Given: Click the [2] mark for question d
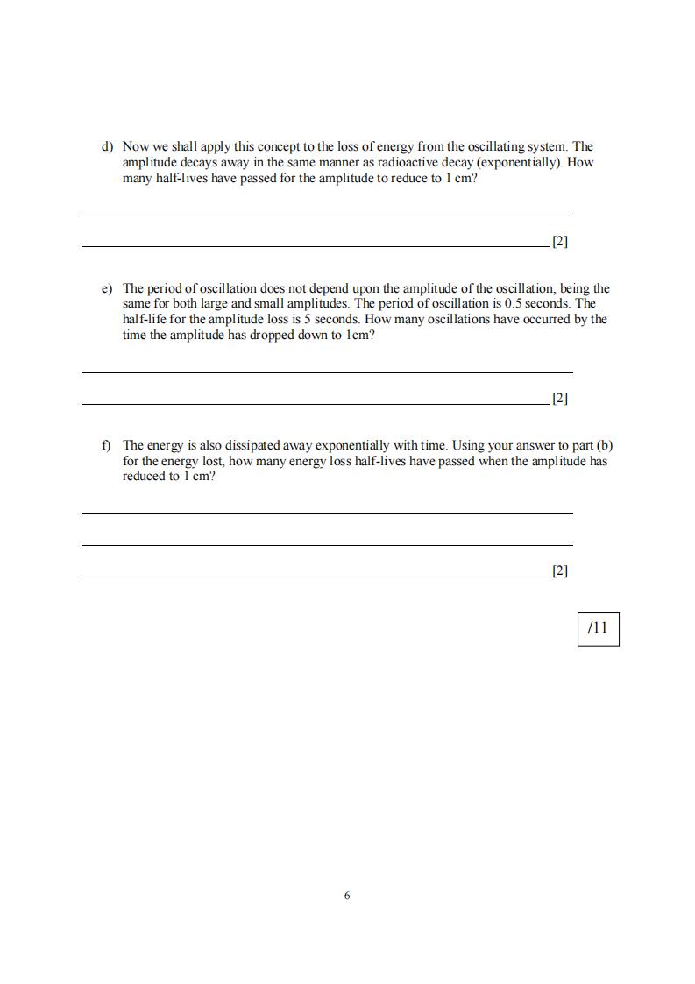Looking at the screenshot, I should point(560,241).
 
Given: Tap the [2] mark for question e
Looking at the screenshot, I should point(560,398).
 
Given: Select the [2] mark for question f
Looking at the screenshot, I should point(560,570).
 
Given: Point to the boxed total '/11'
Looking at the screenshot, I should point(598,627).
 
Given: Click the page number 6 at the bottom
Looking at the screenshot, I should point(347,895).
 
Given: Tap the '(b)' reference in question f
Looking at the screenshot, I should point(604,445).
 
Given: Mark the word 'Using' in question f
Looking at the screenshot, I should point(468,445).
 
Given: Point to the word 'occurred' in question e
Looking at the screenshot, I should point(545,320).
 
